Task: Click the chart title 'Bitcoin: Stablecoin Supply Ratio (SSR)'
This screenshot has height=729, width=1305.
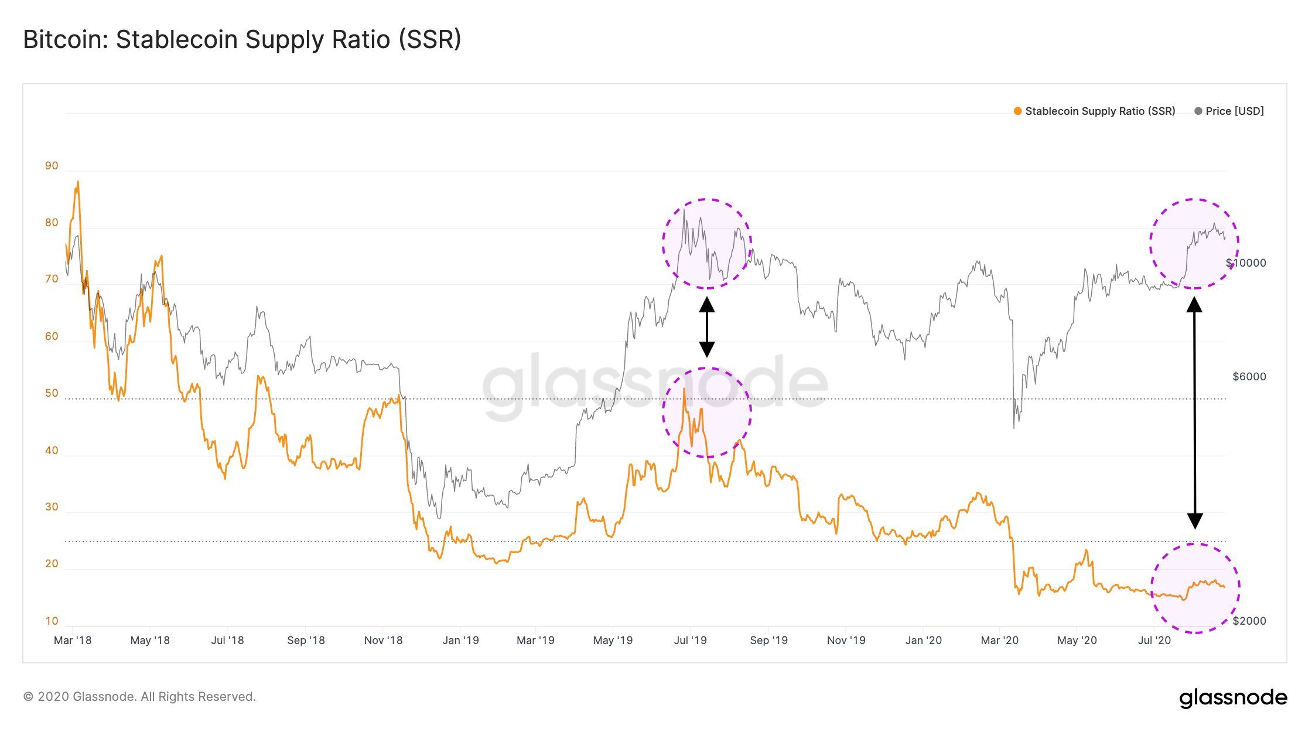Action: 242,40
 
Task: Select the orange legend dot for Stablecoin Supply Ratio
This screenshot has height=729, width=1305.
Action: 1018,111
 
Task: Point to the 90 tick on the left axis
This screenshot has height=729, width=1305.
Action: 52,166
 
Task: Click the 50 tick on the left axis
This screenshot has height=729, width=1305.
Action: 52,393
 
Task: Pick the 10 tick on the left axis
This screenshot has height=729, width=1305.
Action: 52,621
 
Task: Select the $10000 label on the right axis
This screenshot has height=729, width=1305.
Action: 1246,263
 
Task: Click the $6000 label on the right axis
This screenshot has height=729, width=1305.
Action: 1249,377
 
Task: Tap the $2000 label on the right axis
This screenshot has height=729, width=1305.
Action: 1249,621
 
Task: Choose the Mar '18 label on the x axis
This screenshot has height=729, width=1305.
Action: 73,641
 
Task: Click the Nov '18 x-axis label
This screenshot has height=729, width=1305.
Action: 383,641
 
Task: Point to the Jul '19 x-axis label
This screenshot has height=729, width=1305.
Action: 690,641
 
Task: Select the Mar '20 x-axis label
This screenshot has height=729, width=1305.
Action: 999,641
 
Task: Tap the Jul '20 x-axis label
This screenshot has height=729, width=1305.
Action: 1154,641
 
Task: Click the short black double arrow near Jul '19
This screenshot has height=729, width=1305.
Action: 707,327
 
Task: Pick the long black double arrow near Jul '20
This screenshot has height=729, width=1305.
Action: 1194,413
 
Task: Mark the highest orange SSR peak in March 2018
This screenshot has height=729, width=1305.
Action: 78,182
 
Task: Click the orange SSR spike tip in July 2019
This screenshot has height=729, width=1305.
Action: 684,389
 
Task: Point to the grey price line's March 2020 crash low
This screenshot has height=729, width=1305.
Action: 1014,428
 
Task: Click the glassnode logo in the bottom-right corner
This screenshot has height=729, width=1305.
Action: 1233,698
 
